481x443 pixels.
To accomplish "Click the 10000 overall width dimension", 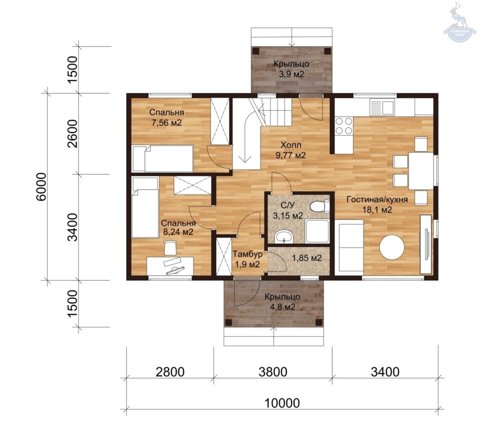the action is coord(282,403).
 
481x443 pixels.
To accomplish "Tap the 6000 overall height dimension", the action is coord(41,187).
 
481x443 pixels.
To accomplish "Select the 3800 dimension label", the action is coord(273,372).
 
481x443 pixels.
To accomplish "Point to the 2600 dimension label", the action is coord(73,133).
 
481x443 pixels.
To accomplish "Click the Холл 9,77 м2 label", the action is coord(291,150).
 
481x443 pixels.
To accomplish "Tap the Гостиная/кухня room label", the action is coord(377,199).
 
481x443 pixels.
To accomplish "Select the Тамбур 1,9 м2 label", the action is coord(248,259).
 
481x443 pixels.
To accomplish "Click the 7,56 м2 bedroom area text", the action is coord(167,123).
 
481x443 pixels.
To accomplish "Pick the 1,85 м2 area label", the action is coord(307,258).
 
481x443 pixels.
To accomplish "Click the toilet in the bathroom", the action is coord(319,206).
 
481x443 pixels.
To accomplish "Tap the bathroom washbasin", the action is coord(284,236).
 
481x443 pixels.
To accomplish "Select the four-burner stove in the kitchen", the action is coord(343,126).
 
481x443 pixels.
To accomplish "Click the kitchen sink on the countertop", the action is coord(381,106).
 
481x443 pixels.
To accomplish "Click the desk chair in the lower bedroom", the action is coord(170,247).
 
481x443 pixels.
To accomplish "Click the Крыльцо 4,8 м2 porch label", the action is coord(282,302).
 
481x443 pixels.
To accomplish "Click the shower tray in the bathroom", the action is coord(318,231).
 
